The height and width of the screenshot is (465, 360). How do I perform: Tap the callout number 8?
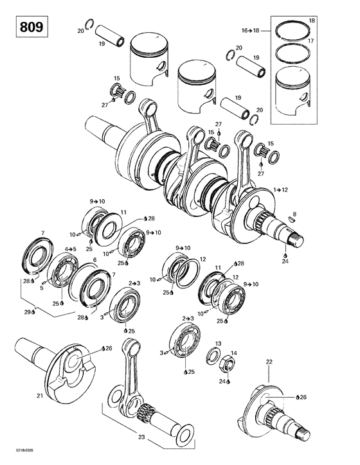(x=295, y=213)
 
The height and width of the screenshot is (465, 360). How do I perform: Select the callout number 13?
(x=218, y=344)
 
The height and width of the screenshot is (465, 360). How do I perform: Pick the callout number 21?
(x=39, y=396)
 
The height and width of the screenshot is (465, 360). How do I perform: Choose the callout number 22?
(x=269, y=363)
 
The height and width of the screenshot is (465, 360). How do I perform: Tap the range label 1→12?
(x=281, y=189)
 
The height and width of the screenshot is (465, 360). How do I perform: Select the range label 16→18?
(x=250, y=30)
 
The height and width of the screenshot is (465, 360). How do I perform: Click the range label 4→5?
(x=70, y=249)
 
